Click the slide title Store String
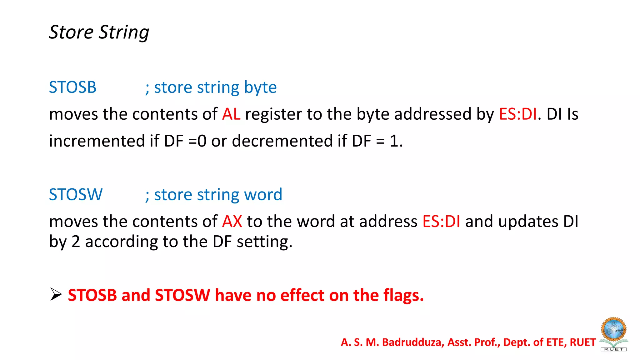pyautogui.click(x=99, y=32)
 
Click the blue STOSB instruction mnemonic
pyautogui.click(x=72, y=87)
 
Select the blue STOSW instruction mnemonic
pyautogui.click(x=76, y=194)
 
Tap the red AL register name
pyautogui.click(x=231, y=114)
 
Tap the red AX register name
pyautogui.click(x=232, y=222)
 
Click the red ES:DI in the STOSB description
pyautogui.click(x=518, y=114)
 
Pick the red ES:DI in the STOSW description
pyautogui.click(x=441, y=222)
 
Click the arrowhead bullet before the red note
pyautogui.click(x=56, y=294)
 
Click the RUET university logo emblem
pyautogui.click(x=613, y=333)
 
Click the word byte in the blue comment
pyautogui.click(x=260, y=87)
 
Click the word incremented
pyautogui.click(x=97, y=141)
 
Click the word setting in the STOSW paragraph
pyautogui.click(x=264, y=242)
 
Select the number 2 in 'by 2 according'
pyautogui.click(x=76, y=242)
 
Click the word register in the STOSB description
pyautogui.click(x=273, y=114)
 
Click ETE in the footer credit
pyautogui.click(x=556, y=342)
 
